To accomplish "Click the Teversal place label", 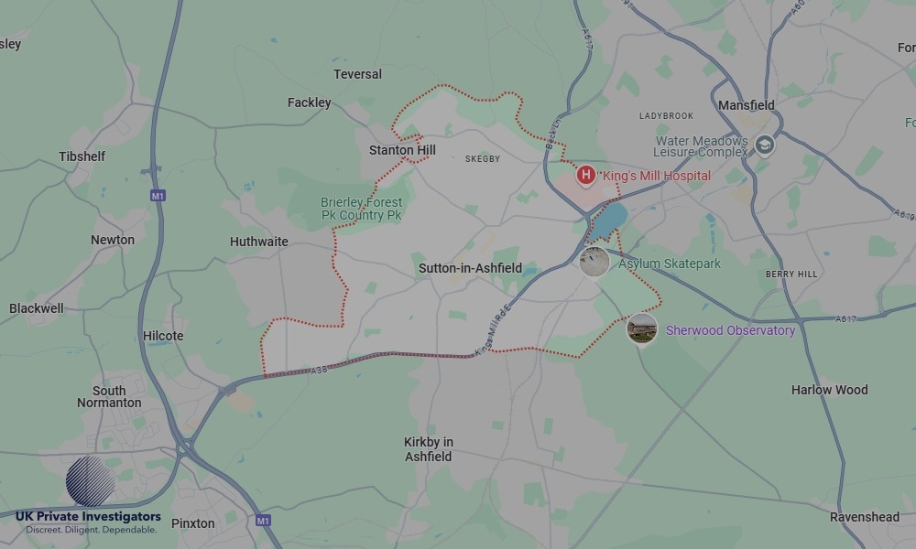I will (357, 74).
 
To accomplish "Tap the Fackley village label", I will (309, 102).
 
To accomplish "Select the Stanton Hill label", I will (402, 150).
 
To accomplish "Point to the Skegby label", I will (483, 159).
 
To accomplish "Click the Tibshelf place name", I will (82, 156).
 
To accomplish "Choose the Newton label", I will (112, 240).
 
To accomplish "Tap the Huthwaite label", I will (258, 242).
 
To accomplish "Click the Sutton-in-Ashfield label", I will (470, 268).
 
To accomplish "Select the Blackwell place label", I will (37, 308).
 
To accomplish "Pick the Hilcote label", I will (163, 336).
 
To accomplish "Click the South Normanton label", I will (109, 396).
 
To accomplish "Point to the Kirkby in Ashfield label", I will (428, 449).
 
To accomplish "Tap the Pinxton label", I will (193, 523).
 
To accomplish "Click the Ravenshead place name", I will (865, 517).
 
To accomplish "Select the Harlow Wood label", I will (829, 390).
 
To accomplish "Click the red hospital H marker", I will (585, 174).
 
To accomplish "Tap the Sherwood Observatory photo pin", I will (641, 328).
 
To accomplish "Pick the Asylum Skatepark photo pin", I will (594, 262).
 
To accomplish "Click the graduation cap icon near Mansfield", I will (765, 145).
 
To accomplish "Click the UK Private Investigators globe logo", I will (91, 481).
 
